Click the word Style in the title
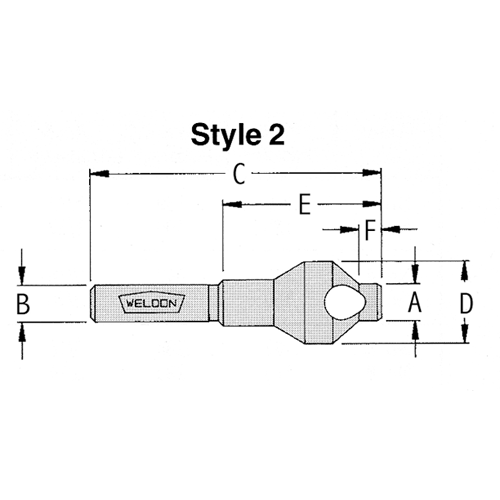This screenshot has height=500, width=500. click(226, 135)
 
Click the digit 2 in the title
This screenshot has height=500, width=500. click(276, 134)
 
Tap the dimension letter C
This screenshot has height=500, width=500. click(239, 174)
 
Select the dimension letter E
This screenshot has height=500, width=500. click(305, 204)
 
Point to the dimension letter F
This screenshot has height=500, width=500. click(370, 229)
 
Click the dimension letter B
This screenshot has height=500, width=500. click(23, 304)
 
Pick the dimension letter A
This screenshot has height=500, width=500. click(415, 303)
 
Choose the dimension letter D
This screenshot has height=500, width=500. click(466, 303)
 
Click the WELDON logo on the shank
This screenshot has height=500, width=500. click(152, 303)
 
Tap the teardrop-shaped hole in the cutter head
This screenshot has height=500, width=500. click(345, 302)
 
